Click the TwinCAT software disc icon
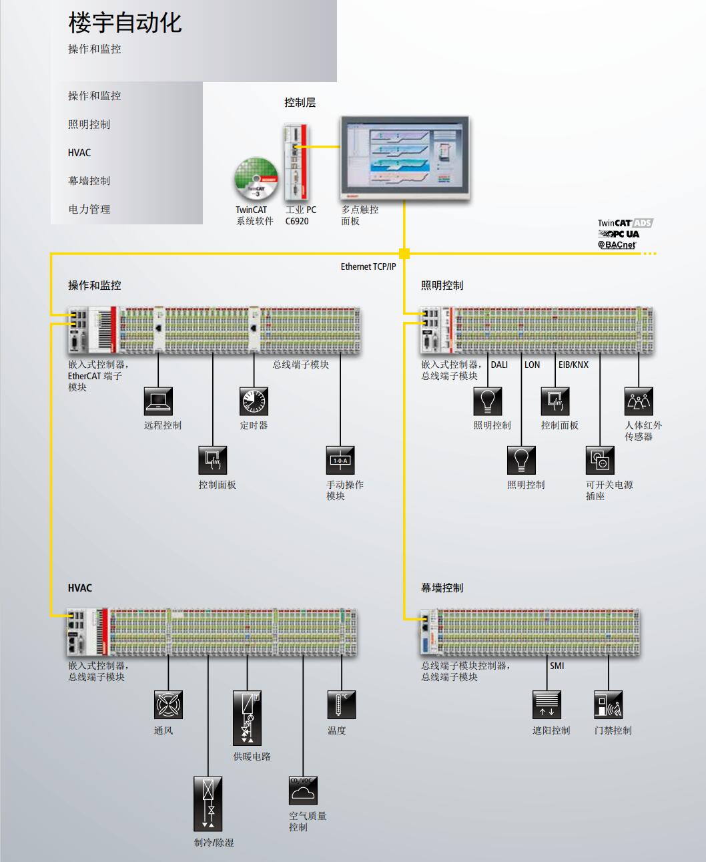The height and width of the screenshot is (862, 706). (x=256, y=179)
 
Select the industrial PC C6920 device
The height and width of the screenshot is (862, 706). (x=296, y=162)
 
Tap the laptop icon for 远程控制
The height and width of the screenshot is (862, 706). (x=158, y=401)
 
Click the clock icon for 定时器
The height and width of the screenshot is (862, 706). (x=254, y=401)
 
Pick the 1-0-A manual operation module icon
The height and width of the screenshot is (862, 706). (x=340, y=461)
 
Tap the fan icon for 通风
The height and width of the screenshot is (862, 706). (x=168, y=705)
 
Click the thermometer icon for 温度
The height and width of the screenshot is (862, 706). (x=342, y=705)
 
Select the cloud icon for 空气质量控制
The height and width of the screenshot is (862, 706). (x=303, y=791)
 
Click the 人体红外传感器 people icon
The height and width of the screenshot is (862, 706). (x=639, y=401)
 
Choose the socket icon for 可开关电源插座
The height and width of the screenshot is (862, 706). (x=600, y=461)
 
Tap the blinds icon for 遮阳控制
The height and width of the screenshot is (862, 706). (x=547, y=705)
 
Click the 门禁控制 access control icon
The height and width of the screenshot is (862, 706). (x=609, y=705)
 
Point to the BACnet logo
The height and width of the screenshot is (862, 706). (x=617, y=245)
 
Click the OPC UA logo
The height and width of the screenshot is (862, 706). (x=619, y=234)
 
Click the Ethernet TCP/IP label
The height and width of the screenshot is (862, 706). (x=368, y=267)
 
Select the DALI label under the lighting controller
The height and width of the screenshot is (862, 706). (x=499, y=365)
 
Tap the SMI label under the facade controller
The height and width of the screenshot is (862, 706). (x=557, y=666)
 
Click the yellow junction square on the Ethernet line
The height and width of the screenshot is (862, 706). (x=404, y=254)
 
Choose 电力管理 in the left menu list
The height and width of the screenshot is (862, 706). (x=89, y=210)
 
